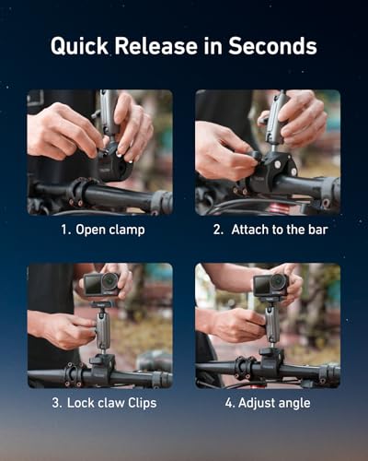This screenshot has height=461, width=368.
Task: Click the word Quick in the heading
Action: pyautogui.click(x=79, y=47)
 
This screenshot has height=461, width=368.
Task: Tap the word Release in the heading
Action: pyautogui.click(x=156, y=46)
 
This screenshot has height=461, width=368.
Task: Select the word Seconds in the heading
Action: pyautogui.click(x=272, y=46)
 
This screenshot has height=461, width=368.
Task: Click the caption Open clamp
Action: pyautogui.click(x=110, y=230)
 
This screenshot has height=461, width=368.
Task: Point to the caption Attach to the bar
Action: pyautogui.click(x=280, y=230)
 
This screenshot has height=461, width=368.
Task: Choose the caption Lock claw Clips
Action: pyautogui.click(x=111, y=403)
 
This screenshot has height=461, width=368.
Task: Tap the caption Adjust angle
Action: pyautogui.click(x=274, y=403)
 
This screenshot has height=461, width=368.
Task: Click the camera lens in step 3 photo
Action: pyautogui.click(x=109, y=281)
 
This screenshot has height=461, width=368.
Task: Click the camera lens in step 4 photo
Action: pyautogui.click(x=278, y=281)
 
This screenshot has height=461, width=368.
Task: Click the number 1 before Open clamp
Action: pyautogui.click(x=65, y=230)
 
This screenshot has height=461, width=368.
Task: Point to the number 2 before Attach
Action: pyautogui.click(x=218, y=230)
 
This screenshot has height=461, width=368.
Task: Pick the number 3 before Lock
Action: pyautogui.click(x=57, y=403)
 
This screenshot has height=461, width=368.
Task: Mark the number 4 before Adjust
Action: pyautogui.click(x=230, y=403)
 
